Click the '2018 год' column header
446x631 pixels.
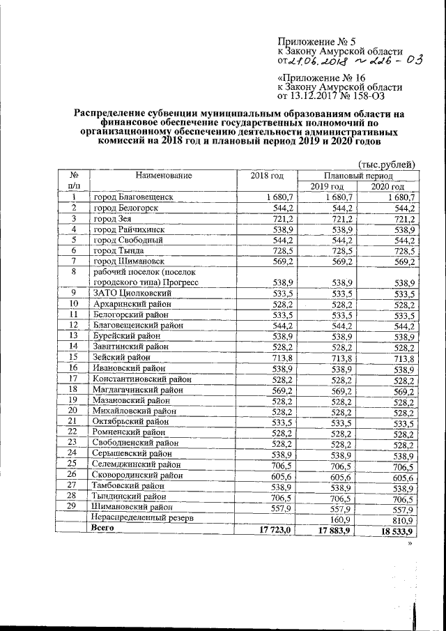pyautogui.click(x=268, y=175)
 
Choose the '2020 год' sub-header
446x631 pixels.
pyautogui.click(x=387, y=187)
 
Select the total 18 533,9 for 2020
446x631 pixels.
pyautogui.click(x=394, y=531)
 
